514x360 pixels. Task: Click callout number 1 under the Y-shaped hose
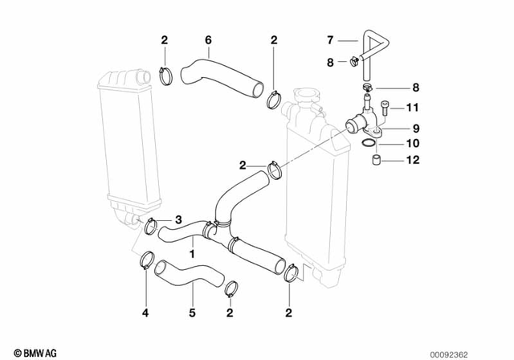click(x=192, y=253)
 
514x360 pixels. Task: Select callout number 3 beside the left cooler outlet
click(x=178, y=219)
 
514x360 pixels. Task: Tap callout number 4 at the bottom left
click(x=145, y=312)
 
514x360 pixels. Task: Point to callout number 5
click(x=192, y=312)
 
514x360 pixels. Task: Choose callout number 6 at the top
click(x=208, y=39)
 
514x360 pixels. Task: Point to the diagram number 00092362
click(x=482, y=352)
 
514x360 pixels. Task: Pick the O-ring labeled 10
click(x=367, y=144)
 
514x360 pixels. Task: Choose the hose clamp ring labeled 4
click(x=147, y=260)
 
